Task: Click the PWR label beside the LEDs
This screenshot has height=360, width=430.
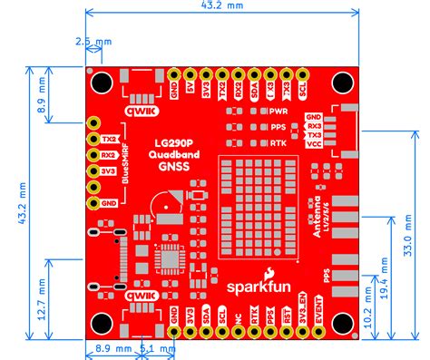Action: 279,110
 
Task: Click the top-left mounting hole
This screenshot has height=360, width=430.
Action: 102,80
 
